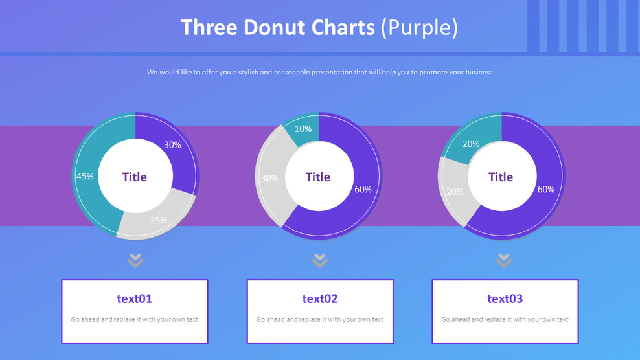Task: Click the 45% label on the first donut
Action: [85, 176]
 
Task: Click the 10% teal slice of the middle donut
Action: [303, 129]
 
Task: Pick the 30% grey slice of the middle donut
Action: [269, 178]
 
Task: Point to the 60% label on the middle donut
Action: [363, 189]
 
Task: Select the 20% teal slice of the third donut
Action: [471, 144]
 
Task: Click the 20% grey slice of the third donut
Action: [455, 192]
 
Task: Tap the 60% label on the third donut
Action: [546, 189]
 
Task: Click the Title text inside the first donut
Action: [135, 177]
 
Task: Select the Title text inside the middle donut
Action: [318, 177]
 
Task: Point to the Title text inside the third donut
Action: [501, 177]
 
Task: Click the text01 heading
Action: [135, 298]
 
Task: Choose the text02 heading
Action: [320, 298]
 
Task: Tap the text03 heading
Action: [505, 298]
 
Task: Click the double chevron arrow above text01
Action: [135, 260]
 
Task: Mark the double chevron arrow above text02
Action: [319, 260]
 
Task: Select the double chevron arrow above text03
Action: [504, 260]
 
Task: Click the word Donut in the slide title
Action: [275, 28]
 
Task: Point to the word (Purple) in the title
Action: [419, 28]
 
